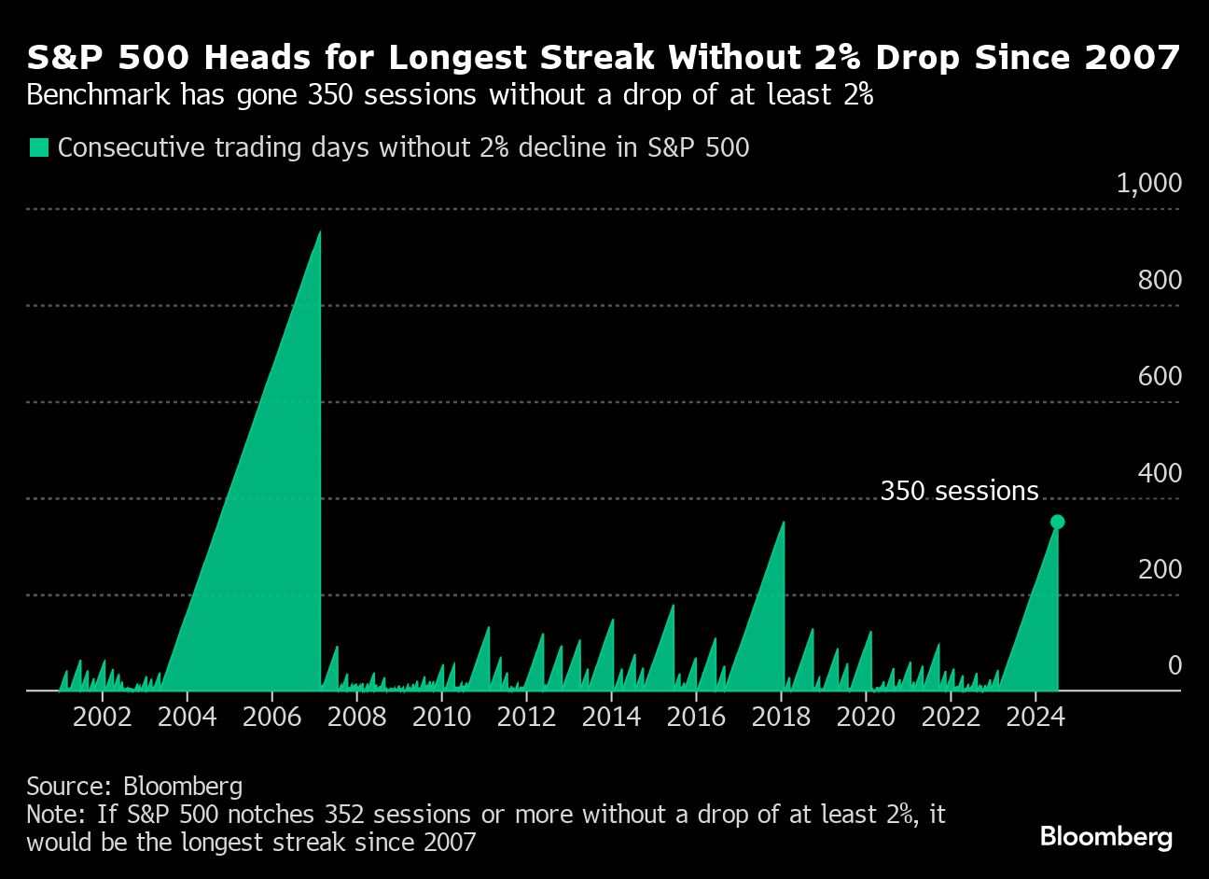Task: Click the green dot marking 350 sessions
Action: (x=1057, y=522)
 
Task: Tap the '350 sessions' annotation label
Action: (x=959, y=492)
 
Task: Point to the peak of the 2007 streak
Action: (x=320, y=231)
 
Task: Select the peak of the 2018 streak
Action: (x=783, y=522)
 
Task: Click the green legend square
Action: (x=38, y=147)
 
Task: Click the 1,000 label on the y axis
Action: (x=1148, y=183)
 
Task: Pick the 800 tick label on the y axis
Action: (x=1160, y=280)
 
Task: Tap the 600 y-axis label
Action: (x=1160, y=376)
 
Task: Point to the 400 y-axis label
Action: (x=1160, y=473)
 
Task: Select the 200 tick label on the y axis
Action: (x=1160, y=569)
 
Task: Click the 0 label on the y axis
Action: (x=1174, y=665)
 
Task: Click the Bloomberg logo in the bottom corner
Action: (x=1105, y=836)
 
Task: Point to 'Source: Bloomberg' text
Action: (x=134, y=786)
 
